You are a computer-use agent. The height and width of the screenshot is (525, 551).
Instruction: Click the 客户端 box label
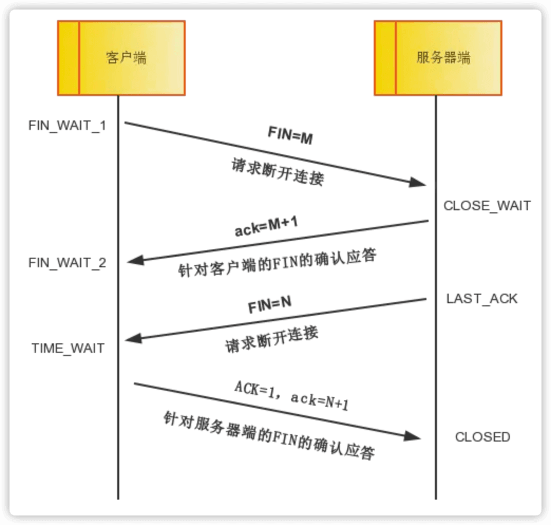[126, 58]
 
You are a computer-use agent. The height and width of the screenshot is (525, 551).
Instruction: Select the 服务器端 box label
[443, 58]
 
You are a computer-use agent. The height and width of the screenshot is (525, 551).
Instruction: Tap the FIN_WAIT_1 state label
[67, 126]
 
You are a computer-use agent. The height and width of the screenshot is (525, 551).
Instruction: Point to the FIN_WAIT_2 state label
[67, 262]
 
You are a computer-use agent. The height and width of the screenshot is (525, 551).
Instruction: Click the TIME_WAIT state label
[68, 349]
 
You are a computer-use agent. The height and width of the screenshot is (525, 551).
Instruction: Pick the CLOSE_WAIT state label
[487, 205]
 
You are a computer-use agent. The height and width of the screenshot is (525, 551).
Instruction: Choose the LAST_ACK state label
[482, 298]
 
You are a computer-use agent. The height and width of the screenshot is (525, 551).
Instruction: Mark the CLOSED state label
[482, 437]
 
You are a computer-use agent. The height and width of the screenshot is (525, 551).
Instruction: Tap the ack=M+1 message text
[266, 227]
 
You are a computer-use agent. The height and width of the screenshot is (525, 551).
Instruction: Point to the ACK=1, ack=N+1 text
[292, 395]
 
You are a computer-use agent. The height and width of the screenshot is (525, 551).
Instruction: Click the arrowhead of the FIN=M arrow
[419, 183]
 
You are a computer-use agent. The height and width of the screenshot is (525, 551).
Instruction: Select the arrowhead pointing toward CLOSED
[414, 436]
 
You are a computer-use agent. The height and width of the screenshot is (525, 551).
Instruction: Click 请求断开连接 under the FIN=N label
[272, 339]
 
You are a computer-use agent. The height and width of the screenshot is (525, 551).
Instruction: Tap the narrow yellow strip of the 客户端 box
[68, 58]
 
